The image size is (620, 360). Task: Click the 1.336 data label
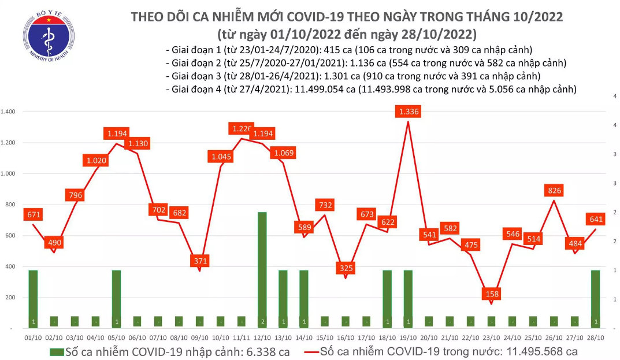tap(409, 112)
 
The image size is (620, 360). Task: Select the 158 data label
tap(492, 294)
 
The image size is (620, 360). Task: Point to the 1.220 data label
tap(241, 129)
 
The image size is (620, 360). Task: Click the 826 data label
tap(555, 191)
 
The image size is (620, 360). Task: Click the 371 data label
tap(199, 261)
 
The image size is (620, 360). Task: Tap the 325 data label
tap(346, 268)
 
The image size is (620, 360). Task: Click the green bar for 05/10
tap(116, 299)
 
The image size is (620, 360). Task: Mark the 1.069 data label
tap(283, 153)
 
